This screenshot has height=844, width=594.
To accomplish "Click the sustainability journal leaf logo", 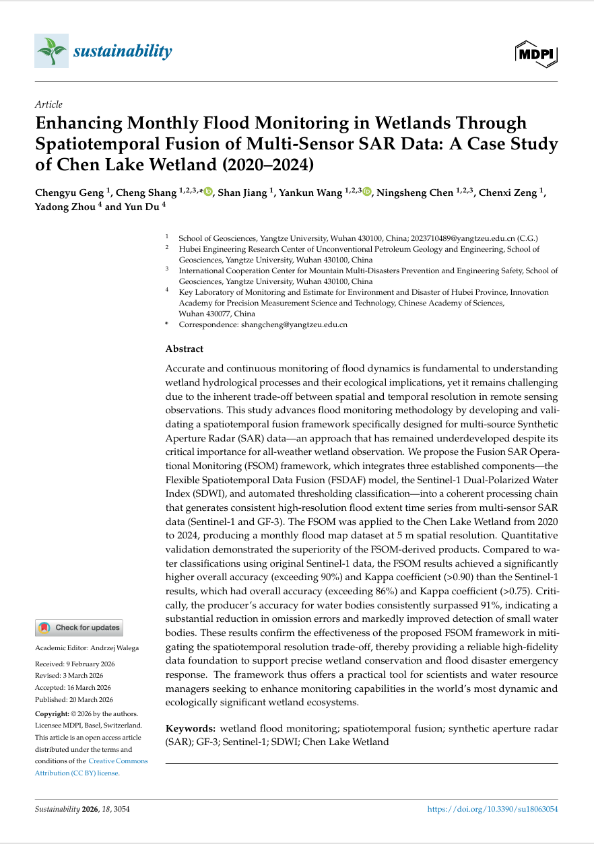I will click(x=51, y=51).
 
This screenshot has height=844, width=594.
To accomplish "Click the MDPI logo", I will click(x=536, y=53).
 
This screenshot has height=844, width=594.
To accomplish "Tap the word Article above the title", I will click(x=48, y=104).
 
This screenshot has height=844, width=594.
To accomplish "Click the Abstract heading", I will click(x=185, y=349).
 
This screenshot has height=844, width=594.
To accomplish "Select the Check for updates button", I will click(x=79, y=627).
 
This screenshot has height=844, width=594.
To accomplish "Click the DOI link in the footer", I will click(x=493, y=810).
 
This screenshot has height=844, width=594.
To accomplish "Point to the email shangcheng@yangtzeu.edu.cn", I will click(x=294, y=324).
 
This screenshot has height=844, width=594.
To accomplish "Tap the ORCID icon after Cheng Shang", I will click(x=208, y=192).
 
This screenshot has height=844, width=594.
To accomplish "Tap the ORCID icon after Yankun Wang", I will click(x=367, y=192).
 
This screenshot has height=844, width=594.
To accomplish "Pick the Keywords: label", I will click(x=191, y=728).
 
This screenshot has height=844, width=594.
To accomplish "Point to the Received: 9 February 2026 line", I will click(x=75, y=664).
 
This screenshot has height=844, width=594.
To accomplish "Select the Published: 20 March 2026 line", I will click(x=74, y=699).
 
